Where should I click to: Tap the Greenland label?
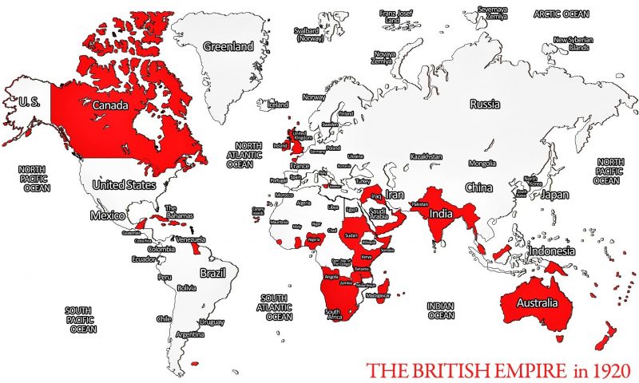point(228,46)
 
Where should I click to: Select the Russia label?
point(485,104)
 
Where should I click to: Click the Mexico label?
point(107,215)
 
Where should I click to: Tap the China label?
point(478,188)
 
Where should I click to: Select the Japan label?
point(554,194)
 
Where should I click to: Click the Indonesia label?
point(550,251)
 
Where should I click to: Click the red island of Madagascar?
point(385,285)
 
